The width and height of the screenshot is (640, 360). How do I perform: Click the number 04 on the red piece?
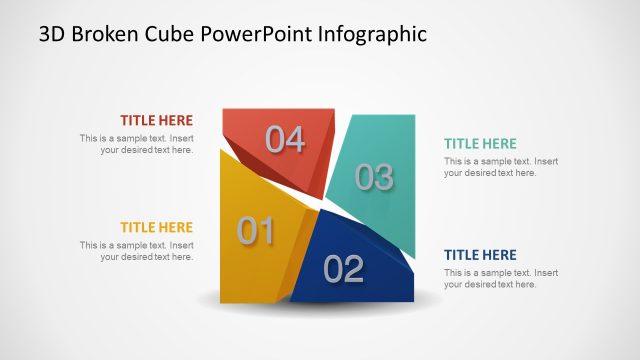pos(285,140)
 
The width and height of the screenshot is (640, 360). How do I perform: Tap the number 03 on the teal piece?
pos(374,178)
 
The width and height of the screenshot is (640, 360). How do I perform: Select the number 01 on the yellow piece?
pos(255,232)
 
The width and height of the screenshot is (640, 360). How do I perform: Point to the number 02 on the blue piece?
pos(343,269)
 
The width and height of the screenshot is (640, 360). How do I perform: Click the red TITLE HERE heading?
pos(157,120)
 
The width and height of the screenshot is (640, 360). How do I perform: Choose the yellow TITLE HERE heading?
pos(157,228)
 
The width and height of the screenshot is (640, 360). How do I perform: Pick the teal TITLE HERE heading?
pos(481,144)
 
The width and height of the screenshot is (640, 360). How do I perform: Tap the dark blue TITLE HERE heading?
pos(481,255)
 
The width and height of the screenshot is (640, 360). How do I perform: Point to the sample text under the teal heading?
pos(501,167)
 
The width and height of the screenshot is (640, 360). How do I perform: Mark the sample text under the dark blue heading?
pos(501,278)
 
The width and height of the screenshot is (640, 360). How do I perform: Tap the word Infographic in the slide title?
pos(372,34)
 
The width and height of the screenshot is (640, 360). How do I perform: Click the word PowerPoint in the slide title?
pos(258,34)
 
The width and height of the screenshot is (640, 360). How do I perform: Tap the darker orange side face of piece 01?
pos(303,250)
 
